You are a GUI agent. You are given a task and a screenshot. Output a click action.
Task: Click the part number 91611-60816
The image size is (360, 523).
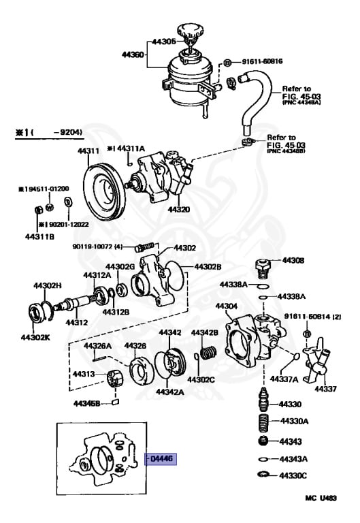(x=262, y=61)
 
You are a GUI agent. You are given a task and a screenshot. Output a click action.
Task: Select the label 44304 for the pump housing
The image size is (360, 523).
(x=226, y=306)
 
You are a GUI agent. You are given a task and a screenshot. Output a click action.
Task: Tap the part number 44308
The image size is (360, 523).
(x=293, y=260)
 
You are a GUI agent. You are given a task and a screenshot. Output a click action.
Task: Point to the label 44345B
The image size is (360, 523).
(x=87, y=403)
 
